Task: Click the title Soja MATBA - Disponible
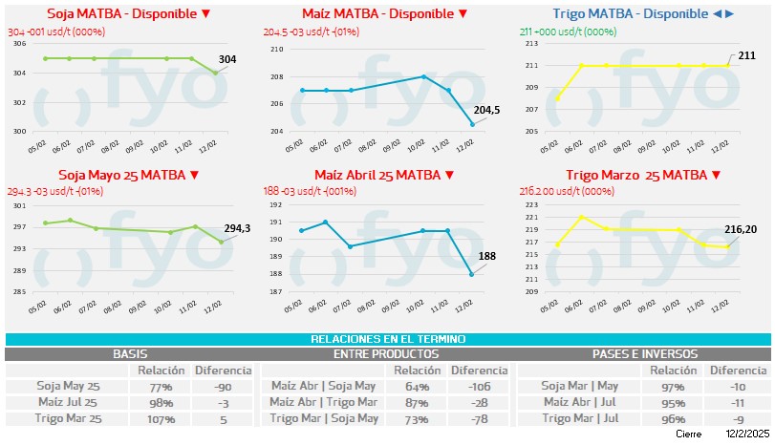pyautogui.click(x=129, y=14)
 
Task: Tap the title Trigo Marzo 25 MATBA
pyautogui.click(x=642, y=175)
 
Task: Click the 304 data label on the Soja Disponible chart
pyautogui.click(x=227, y=59)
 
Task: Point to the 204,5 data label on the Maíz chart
pyautogui.click(x=487, y=110)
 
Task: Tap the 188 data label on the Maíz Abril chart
pyautogui.click(x=487, y=255)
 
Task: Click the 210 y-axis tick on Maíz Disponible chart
pyautogui.click(x=278, y=49)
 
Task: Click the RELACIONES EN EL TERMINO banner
pyautogui.click(x=387, y=339)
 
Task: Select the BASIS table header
pyautogui.click(x=130, y=353)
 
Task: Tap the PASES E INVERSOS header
pyautogui.click(x=644, y=353)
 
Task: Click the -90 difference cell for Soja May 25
pyautogui.click(x=222, y=386)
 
